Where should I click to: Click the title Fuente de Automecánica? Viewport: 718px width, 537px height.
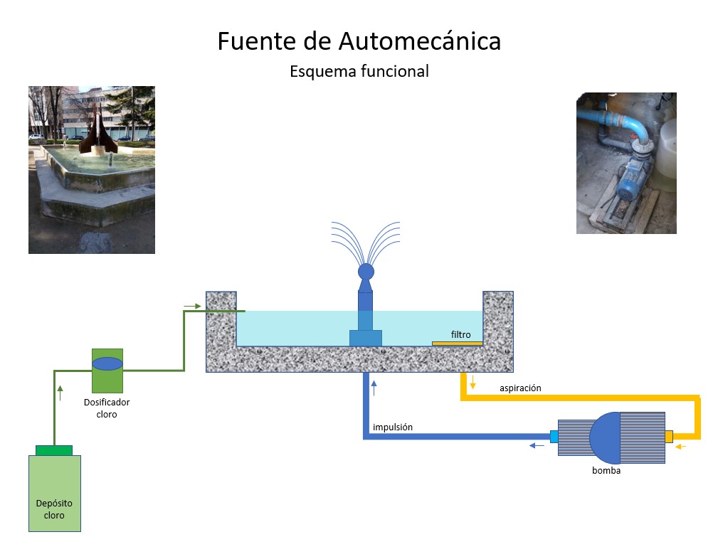(x=359, y=41)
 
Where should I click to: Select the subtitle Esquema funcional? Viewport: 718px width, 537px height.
(x=359, y=71)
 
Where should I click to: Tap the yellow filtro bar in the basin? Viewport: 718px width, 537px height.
(x=457, y=344)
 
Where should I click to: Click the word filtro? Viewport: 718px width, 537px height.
(x=460, y=334)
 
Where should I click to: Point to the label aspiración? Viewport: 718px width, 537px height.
(x=520, y=388)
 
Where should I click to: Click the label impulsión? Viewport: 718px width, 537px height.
(x=392, y=427)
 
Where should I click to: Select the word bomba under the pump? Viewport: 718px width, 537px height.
(x=606, y=470)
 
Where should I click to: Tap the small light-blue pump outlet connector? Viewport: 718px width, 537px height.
(x=554, y=436)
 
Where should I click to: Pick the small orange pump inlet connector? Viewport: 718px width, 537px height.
(x=668, y=436)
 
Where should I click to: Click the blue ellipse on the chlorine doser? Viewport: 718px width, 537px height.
(x=107, y=363)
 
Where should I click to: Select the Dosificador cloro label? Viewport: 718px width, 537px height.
(x=107, y=408)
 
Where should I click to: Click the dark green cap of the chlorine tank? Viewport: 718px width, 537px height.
(x=54, y=450)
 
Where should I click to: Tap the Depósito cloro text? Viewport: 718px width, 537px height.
(x=54, y=509)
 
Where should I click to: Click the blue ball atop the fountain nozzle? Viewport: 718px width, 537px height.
(x=366, y=271)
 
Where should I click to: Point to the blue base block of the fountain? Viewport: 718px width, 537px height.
(x=366, y=338)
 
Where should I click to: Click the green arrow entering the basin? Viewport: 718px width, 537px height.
(x=192, y=306)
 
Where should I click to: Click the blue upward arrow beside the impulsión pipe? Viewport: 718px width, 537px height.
(x=374, y=388)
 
